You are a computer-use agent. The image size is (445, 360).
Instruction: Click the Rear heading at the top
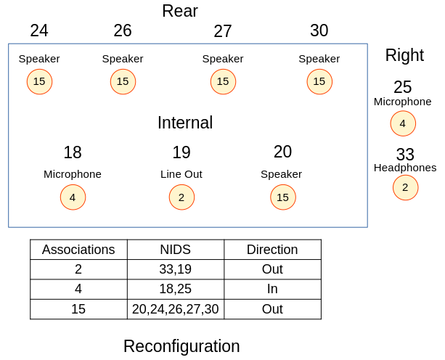pos(179,11)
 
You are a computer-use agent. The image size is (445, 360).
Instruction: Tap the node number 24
pos(39,30)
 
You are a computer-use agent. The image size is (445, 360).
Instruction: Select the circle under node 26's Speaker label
pos(123,81)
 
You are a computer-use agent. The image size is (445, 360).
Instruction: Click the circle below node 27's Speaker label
pos(223,81)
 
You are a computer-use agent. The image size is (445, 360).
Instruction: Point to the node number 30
pos(319,30)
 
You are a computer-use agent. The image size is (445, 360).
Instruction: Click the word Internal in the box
pos(185,123)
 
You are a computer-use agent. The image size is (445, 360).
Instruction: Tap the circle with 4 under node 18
pos(73,197)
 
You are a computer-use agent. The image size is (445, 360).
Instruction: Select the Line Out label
pos(181,174)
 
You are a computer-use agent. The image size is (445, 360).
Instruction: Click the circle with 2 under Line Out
pos(181,197)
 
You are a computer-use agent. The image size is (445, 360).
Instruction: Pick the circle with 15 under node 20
pos(282,197)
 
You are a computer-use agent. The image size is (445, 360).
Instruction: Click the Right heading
pos(404,55)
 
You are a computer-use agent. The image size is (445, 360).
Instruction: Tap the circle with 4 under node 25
pos(403,123)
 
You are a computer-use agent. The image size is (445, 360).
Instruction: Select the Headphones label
pos(405,168)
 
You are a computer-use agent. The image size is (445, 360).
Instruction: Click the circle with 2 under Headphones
pos(405,187)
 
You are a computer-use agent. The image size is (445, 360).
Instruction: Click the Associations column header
pos(78,250)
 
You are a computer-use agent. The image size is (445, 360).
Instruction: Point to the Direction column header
pos(272,250)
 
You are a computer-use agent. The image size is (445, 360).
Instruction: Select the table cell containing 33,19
pos(175,269)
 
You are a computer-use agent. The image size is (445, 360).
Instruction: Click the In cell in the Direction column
pos(272,289)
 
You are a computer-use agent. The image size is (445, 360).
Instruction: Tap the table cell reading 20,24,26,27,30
pos(175,309)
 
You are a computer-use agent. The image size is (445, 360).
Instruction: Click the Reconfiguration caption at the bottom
pos(181,346)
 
